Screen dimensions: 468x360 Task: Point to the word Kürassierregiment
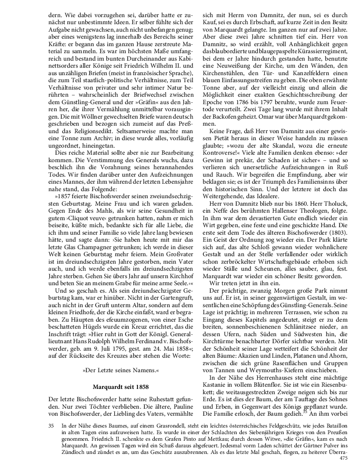[x=317, y=51]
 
